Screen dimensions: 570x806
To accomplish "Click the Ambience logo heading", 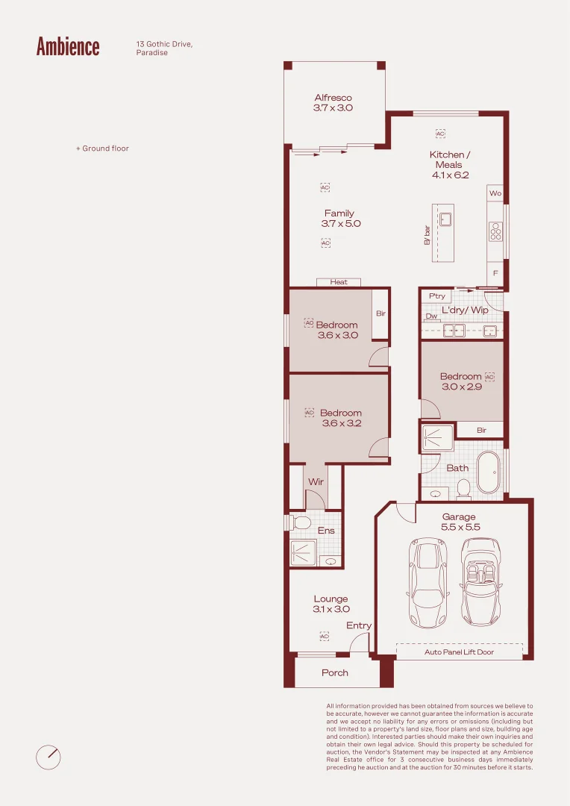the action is point(68,46).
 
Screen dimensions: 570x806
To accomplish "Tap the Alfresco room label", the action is point(333,98).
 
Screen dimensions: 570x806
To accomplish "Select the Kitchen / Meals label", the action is point(450,160).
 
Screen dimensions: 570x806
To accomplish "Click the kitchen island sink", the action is point(445,219).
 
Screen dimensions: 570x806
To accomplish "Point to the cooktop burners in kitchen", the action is point(495,231).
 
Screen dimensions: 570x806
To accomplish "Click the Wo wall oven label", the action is point(495,193).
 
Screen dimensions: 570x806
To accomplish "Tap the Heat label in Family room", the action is point(339,282).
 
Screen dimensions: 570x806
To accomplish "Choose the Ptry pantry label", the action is point(437,296).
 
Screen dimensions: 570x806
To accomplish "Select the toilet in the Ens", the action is point(301,523).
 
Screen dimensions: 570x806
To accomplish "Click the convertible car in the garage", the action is point(480,582).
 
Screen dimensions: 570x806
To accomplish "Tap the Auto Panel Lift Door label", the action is point(459,652).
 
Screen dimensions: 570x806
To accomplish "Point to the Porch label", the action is point(334,673).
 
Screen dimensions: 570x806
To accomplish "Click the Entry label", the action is point(358,625).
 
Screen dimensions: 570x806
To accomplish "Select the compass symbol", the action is point(48,757).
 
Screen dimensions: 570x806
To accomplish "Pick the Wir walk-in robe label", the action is point(316,481).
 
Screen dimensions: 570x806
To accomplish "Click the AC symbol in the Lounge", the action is point(324,637).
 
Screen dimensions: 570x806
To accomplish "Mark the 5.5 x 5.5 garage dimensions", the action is point(460,527).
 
